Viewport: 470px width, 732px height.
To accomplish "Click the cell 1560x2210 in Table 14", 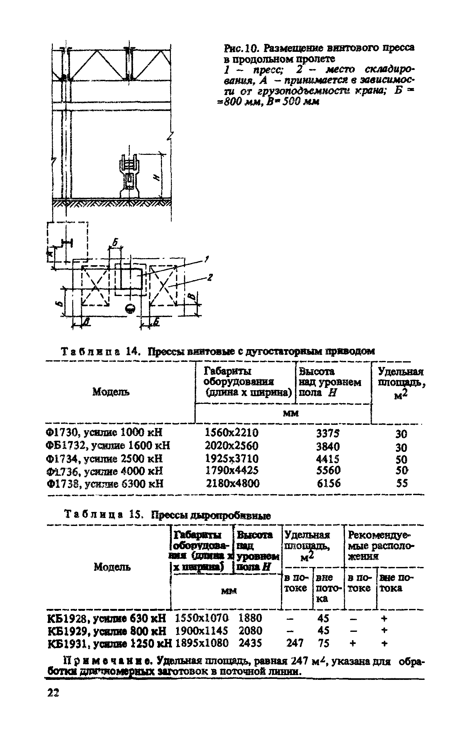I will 232,432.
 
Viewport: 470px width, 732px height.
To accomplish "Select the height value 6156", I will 328,484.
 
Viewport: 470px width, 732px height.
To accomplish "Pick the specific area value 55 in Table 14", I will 402,484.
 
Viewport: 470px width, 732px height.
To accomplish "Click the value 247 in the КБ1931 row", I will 294,644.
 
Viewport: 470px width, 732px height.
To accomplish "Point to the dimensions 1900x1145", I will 202,631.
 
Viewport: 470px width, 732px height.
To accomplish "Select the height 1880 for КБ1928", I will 250,618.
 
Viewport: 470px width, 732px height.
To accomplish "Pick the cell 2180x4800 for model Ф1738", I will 233,484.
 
